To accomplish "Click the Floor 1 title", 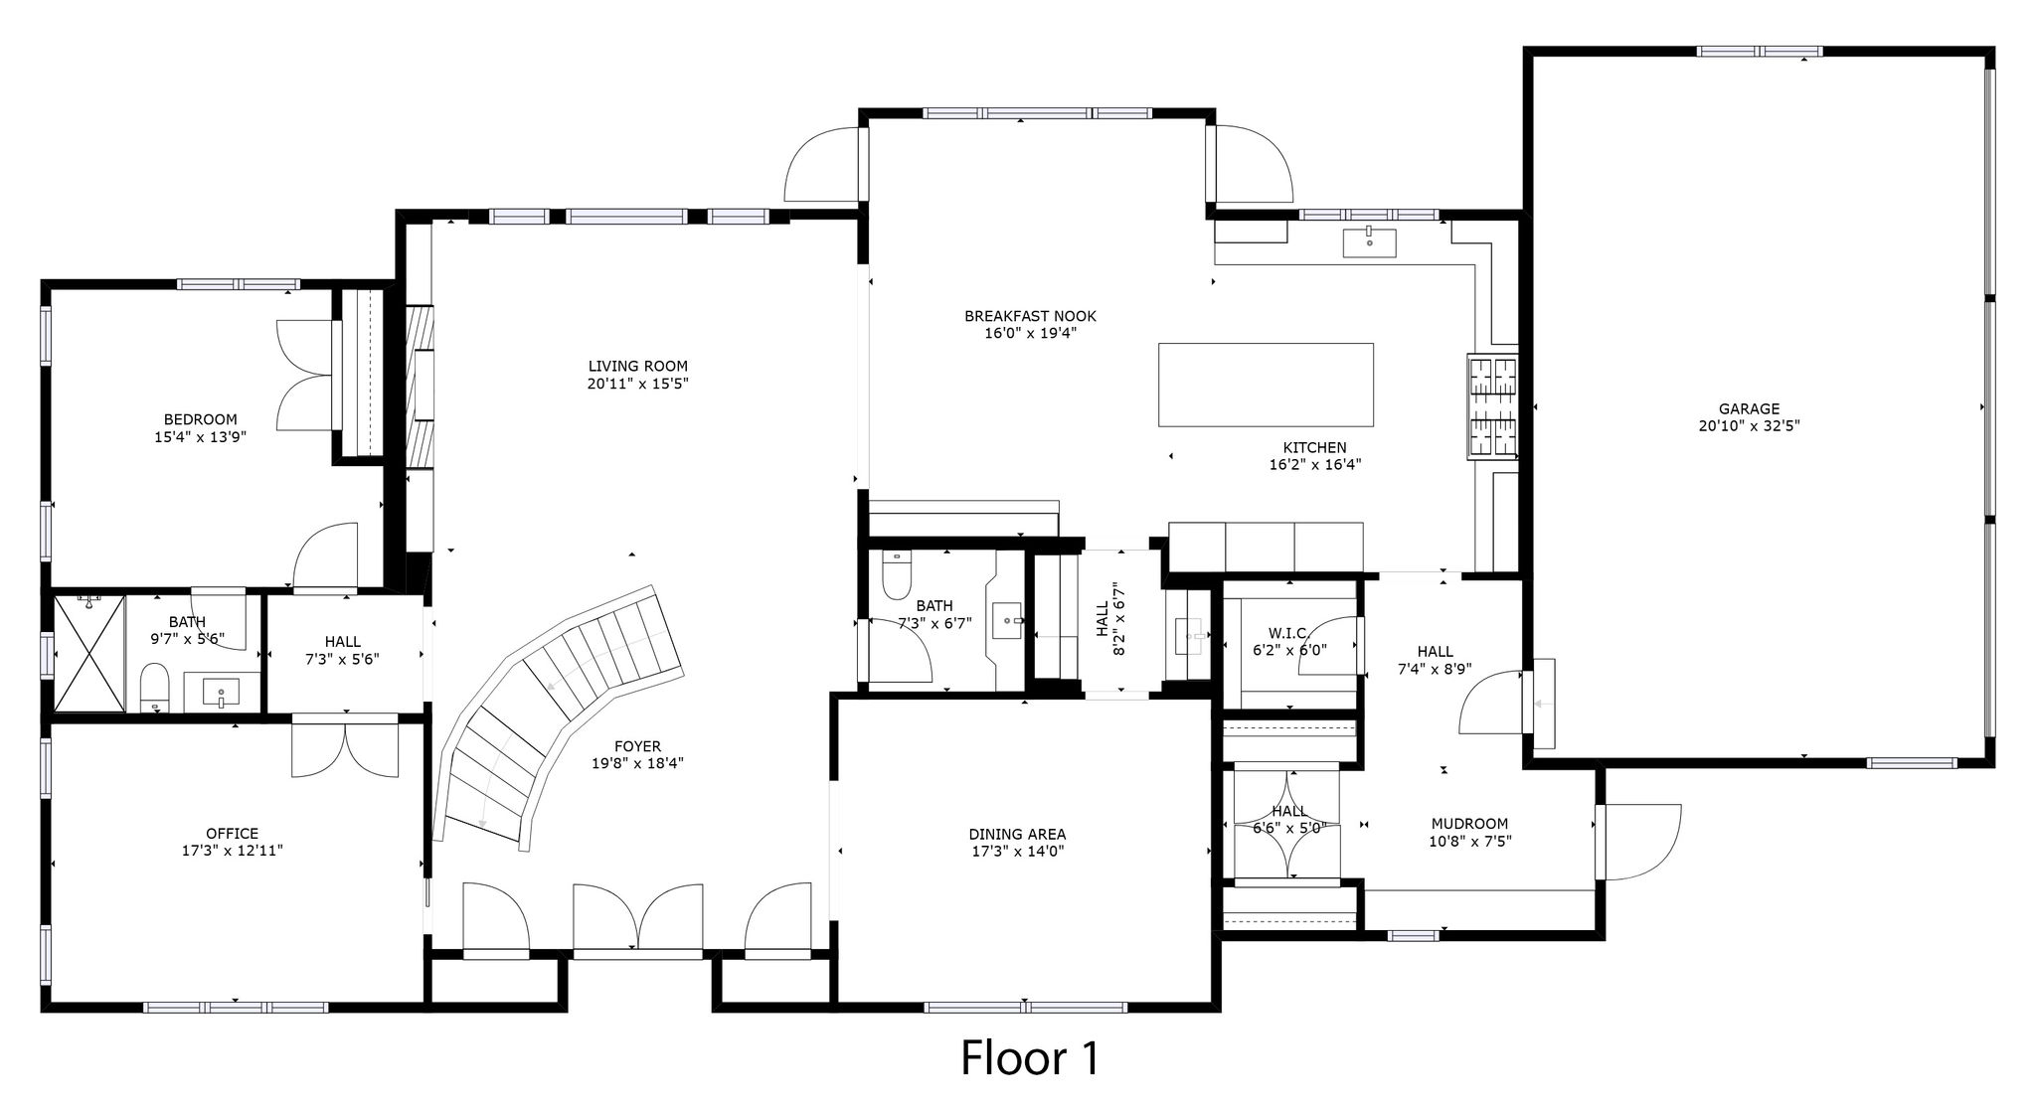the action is pyautogui.click(x=1030, y=1058).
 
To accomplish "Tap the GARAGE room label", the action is pyautogui.click(x=1749, y=408).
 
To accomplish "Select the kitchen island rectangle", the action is pyautogui.click(x=1266, y=385).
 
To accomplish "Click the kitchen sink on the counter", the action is pyautogui.click(x=1369, y=241).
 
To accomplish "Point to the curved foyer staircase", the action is pyautogui.click(x=558, y=711).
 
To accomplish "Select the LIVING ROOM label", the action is pyautogui.click(x=637, y=366).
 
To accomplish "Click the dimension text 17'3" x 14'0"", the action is pyautogui.click(x=1017, y=851).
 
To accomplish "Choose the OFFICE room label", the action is pyautogui.click(x=232, y=834).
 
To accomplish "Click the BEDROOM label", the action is pyautogui.click(x=200, y=419).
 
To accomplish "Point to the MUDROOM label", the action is pyautogui.click(x=1469, y=824).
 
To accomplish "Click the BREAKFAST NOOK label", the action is pyautogui.click(x=1030, y=316).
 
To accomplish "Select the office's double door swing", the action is pyautogui.click(x=345, y=750).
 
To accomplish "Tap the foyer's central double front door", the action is pyautogui.click(x=638, y=917).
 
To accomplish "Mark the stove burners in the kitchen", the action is pyautogui.click(x=1494, y=407).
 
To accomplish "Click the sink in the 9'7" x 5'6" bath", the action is pyautogui.click(x=219, y=692).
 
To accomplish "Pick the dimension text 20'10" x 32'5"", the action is pyautogui.click(x=1749, y=425).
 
